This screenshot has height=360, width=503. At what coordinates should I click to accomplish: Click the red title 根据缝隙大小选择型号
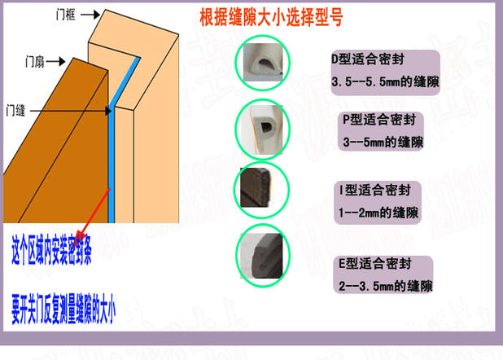click(271, 17)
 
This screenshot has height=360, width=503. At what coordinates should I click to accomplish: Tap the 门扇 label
click(35, 61)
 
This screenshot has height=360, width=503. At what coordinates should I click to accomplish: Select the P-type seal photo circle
click(262, 128)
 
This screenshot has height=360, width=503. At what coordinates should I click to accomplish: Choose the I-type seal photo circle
click(262, 190)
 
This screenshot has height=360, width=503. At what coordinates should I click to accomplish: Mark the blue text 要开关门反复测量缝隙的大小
click(63, 310)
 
